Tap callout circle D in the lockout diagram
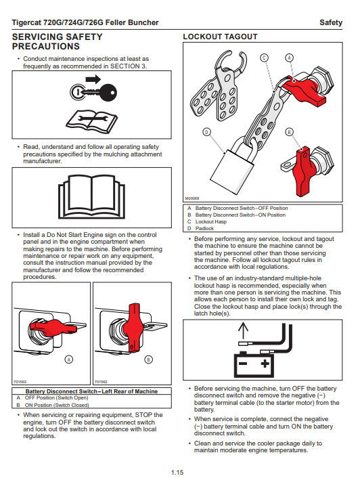point(207,132)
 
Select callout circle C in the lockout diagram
point(264,58)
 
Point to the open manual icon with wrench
point(91,122)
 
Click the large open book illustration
point(91,197)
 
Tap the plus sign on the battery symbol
point(265,364)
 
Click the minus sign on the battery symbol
point(243,364)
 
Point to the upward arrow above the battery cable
point(243,330)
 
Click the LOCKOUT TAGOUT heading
point(220,37)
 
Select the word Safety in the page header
point(331,22)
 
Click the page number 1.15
point(177,472)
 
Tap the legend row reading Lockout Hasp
point(211,221)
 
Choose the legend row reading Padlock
point(204,228)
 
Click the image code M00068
point(192,198)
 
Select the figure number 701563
point(20,382)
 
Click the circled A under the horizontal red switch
point(69,360)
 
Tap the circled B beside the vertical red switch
point(148,360)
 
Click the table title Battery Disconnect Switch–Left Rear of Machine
point(91,391)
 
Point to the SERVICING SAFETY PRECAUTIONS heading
point(58,41)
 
